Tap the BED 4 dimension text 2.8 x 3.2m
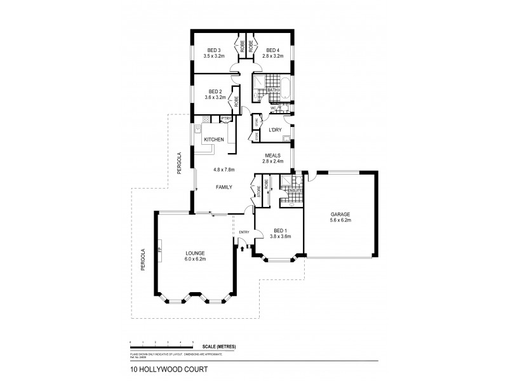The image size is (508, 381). [273, 57]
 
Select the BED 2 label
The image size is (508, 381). [214, 91]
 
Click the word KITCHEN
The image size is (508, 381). [213, 139]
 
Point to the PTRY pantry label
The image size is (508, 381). [225, 118]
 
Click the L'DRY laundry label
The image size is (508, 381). [275, 130]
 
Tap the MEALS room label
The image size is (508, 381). [274, 154]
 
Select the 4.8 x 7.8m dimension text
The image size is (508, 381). [224, 170]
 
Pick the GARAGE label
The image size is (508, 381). [340, 214]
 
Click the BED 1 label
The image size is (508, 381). [281, 230]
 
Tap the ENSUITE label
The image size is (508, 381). [295, 189]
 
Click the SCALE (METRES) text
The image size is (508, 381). [220, 345]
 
